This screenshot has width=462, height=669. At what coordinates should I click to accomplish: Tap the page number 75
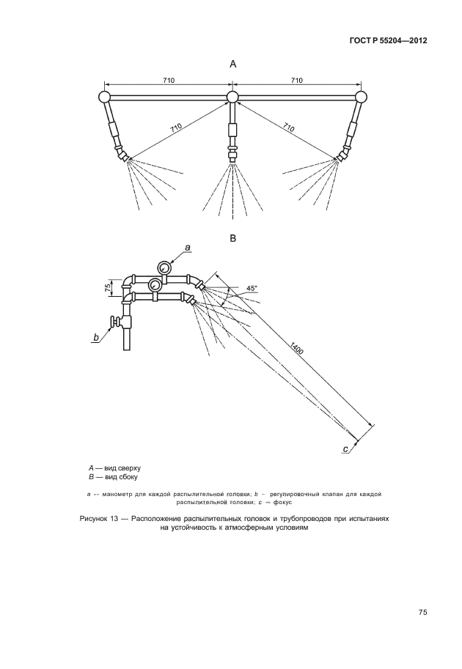(x=422, y=613)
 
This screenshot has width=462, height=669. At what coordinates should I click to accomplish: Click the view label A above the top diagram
(x=233, y=64)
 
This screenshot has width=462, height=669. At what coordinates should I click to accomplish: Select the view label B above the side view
(x=233, y=238)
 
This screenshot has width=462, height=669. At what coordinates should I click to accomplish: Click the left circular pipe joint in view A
(x=103, y=96)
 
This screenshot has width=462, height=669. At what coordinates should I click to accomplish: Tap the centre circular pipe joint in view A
(x=233, y=97)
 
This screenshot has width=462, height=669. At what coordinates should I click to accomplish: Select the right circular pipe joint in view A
(x=361, y=96)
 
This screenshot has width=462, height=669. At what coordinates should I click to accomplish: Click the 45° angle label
(x=252, y=289)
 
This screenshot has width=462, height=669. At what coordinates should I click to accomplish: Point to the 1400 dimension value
(x=297, y=350)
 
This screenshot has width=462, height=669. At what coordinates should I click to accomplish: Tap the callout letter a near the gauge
(x=187, y=248)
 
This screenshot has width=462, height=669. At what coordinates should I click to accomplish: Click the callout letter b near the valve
(x=96, y=338)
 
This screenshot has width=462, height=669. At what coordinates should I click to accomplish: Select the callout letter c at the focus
(x=346, y=448)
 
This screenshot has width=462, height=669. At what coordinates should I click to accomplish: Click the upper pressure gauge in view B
(x=164, y=269)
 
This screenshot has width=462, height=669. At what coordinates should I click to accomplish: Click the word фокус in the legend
(x=281, y=503)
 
